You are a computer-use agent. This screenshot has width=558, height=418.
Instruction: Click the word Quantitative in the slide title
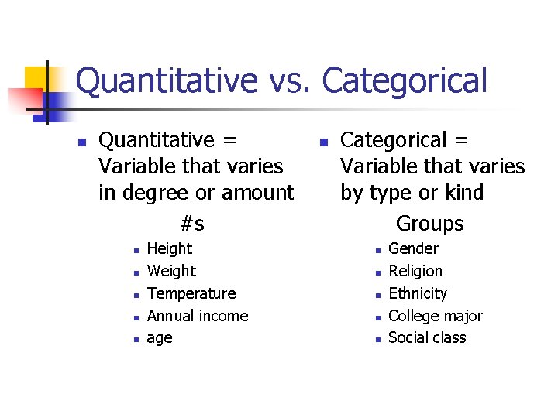167,81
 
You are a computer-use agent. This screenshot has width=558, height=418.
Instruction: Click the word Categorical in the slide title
405,81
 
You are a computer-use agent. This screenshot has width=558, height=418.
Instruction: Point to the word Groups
429,224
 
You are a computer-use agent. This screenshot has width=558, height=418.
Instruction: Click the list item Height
169,248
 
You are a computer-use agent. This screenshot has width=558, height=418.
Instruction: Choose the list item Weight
171,271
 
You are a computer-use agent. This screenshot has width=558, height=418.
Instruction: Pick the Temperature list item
191,293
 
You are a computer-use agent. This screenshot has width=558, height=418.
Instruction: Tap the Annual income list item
198,316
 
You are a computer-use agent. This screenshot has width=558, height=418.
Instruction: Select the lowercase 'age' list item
160,338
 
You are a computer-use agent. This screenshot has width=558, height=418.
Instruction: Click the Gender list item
413,248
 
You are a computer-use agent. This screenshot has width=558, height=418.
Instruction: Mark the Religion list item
415,271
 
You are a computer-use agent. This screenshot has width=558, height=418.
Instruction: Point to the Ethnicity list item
418,293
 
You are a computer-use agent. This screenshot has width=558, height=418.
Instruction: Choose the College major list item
435,316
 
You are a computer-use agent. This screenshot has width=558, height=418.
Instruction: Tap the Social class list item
427,338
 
